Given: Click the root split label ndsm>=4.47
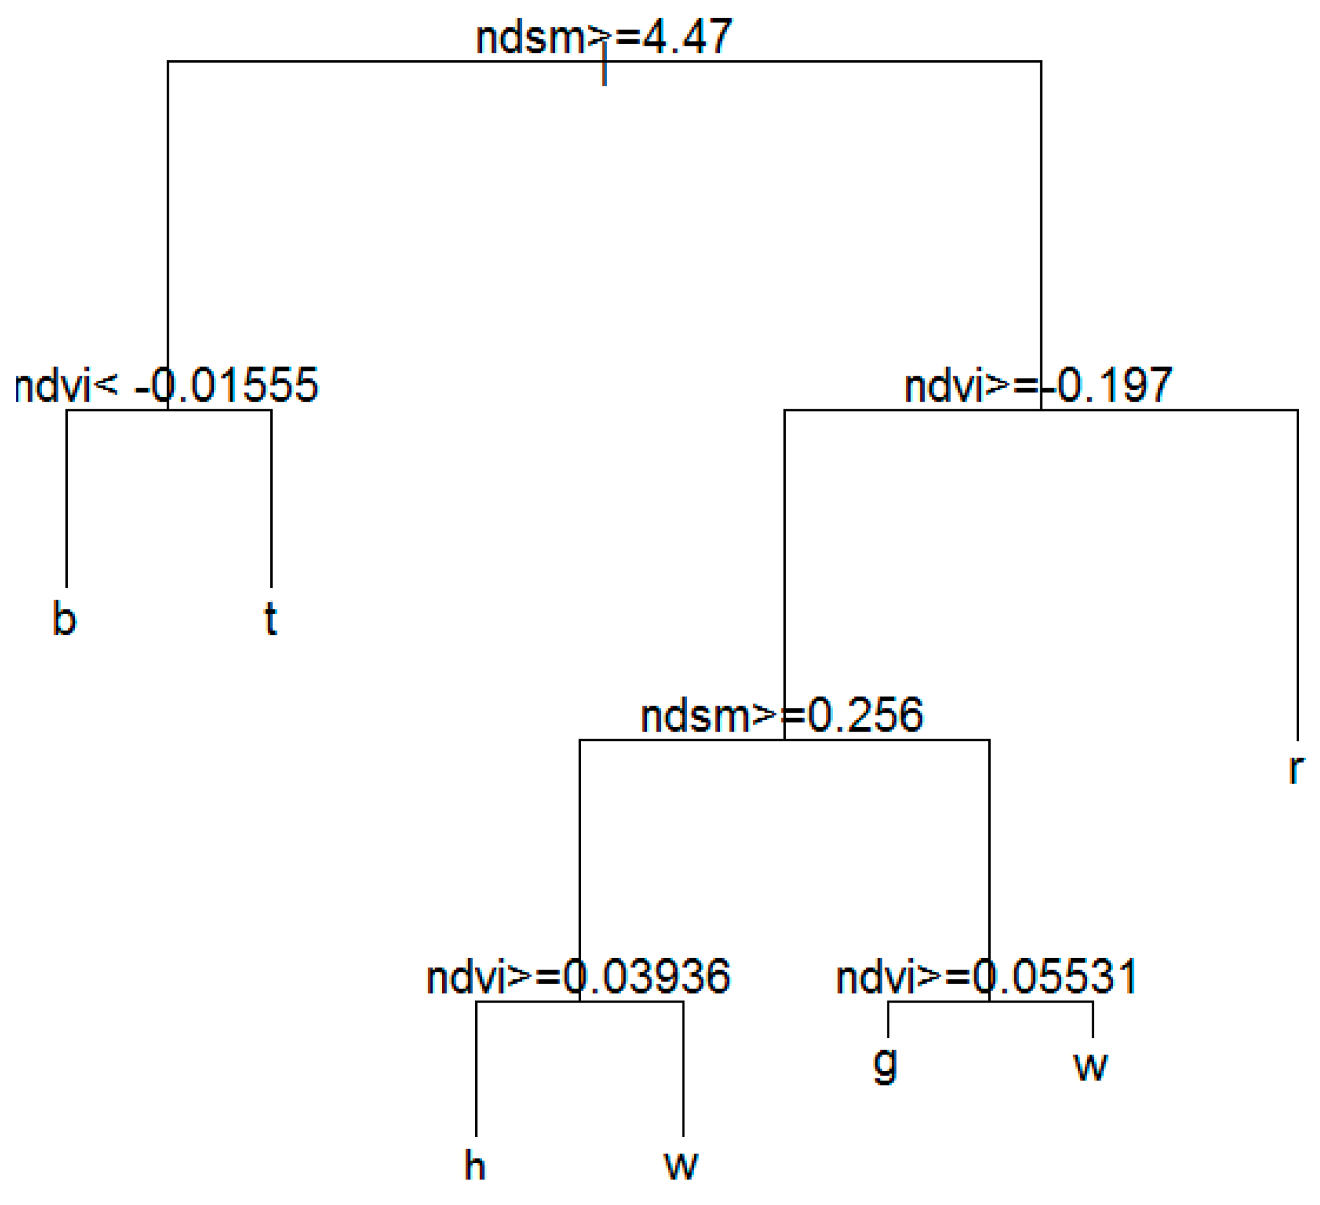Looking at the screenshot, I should coord(604,37).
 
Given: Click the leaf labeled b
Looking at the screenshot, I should coord(64,618).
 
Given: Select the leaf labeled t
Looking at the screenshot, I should coord(270,618).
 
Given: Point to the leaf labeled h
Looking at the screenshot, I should coord(474,1166).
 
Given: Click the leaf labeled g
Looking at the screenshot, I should coord(885,1065).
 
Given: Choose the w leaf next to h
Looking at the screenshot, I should coord(681,1166).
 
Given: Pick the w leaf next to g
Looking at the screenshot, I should coord(1090,1065).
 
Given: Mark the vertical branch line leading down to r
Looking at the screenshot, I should coord(1297,576).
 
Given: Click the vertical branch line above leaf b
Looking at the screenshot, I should coord(67,497).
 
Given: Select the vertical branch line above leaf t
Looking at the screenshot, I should coord(271,497).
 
